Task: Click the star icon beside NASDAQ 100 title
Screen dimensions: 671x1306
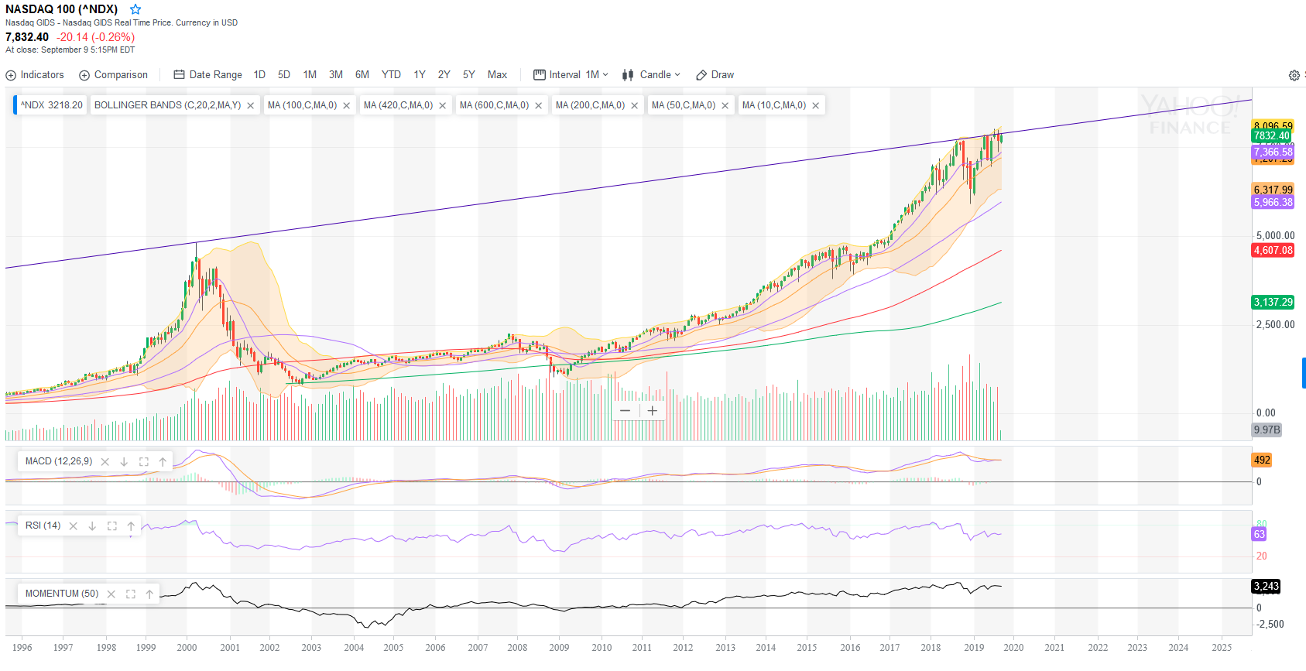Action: pyautogui.click(x=135, y=9)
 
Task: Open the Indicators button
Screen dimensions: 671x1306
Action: pyautogui.click(x=35, y=75)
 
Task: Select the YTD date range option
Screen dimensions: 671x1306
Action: pyautogui.click(x=391, y=75)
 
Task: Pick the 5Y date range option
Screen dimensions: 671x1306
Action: pyautogui.click(x=468, y=75)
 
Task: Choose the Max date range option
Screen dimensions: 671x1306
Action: pyautogui.click(x=497, y=75)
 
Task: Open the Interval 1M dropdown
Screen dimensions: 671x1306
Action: pyautogui.click(x=571, y=75)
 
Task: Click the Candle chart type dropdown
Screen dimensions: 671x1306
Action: pyautogui.click(x=651, y=75)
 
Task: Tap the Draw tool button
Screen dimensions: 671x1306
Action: pyautogui.click(x=715, y=75)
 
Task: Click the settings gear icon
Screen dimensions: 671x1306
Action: pyautogui.click(x=1294, y=75)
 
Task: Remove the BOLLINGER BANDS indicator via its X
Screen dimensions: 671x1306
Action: pyautogui.click(x=251, y=106)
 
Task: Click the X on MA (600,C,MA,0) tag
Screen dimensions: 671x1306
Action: pyautogui.click(x=539, y=106)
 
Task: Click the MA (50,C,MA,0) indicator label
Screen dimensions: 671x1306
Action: pyautogui.click(x=683, y=105)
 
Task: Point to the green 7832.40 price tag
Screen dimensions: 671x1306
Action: pyautogui.click(x=1272, y=135)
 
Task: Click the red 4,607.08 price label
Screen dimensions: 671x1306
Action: pyautogui.click(x=1273, y=250)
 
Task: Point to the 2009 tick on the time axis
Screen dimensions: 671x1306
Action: pyautogui.click(x=559, y=647)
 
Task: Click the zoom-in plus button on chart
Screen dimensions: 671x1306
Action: pyautogui.click(x=653, y=411)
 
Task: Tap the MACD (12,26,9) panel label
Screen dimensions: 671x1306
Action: pyautogui.click(x=58, y=461)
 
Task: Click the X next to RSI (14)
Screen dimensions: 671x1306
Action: pyautogui.click(x=74, y=526)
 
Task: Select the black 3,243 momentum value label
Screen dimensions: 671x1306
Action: pyautogui.click(x=1266, y=586)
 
